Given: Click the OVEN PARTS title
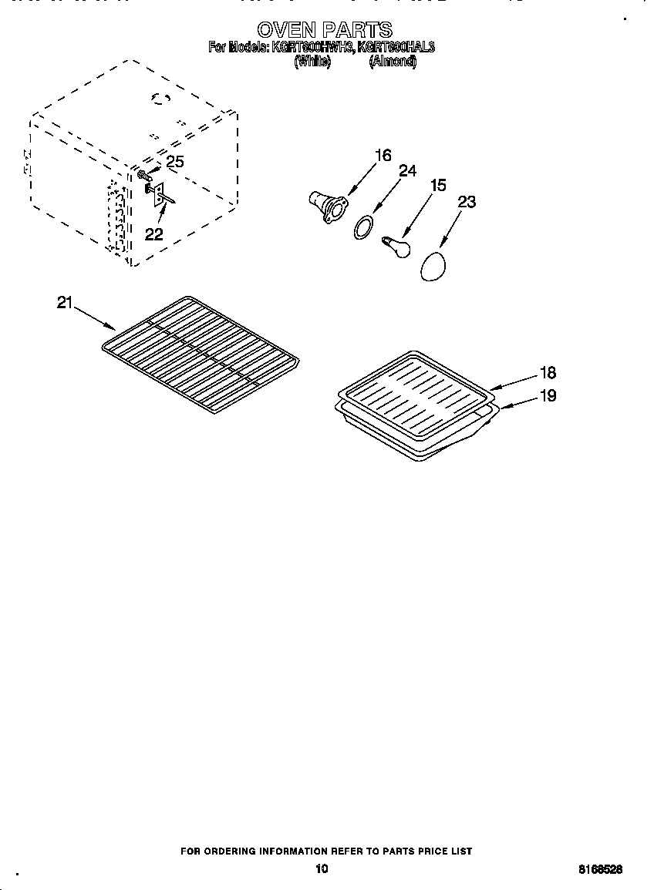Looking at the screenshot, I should (325, 30).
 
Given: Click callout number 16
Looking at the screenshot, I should (383, 155).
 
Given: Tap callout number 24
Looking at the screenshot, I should (407, 171).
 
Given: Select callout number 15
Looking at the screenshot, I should (438, 185).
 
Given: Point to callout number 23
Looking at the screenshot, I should (467, 202).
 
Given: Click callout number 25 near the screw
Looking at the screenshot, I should (176, 161).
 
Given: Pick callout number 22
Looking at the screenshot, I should (153, 234).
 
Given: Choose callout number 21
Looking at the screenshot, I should (65, 302).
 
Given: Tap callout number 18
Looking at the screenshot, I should (548, 373).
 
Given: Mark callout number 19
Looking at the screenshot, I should (548, 396).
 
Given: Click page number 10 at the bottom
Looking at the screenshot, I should (322, 868).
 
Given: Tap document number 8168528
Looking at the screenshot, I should (600, 869).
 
